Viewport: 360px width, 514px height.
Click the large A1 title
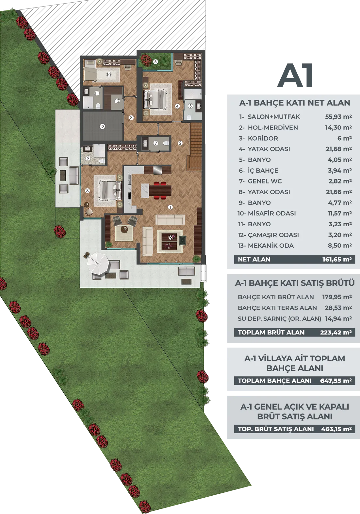295,76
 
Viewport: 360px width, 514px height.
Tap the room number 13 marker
102,127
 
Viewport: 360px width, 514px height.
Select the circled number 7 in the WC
156,143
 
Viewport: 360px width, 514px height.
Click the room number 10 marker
108,74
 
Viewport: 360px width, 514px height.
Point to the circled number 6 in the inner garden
155,61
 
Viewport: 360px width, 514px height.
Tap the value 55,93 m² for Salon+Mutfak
338,117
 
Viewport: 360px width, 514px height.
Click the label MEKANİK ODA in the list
270,246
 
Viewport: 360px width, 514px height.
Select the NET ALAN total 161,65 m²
337,259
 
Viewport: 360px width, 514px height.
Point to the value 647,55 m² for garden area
336,381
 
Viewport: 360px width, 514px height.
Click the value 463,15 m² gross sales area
336,429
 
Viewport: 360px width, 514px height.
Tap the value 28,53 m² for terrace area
338,308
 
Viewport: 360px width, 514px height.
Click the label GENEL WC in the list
265,181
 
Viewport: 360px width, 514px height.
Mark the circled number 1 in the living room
170,207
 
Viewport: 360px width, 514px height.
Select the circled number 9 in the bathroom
88,158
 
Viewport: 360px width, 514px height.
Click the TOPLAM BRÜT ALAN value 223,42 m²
336,332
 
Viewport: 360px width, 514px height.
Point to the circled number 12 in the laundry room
117,101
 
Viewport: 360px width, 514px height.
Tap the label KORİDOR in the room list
263,138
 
